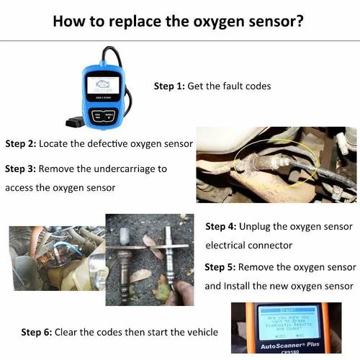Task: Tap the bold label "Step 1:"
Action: pos(169,86)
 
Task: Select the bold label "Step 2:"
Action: pos(20,143)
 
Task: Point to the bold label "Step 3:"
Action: pos(20,168)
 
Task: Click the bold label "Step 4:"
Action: pos(221,226)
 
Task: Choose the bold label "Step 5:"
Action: pos(220,267)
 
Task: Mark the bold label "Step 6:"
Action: pos(36,332)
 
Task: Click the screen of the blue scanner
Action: pos(103,87)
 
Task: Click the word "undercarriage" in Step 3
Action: pos(125,168)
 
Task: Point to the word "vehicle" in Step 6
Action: pos(199,332)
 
